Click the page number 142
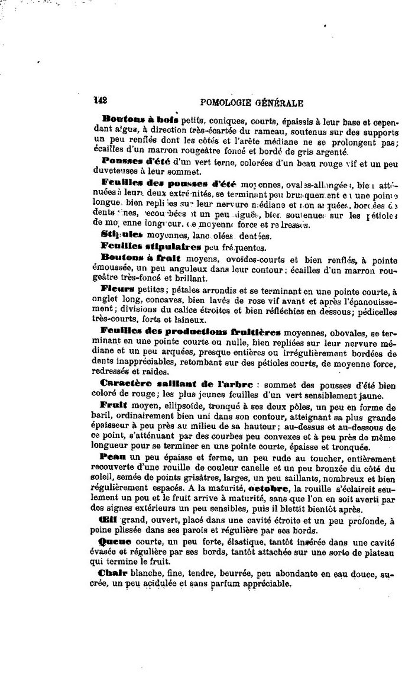click(98, 101)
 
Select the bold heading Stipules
click(118, 234)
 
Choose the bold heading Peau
click(114, 458)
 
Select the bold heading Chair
click(116, 573)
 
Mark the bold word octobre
click(269, 489)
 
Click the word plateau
click(380, 552)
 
